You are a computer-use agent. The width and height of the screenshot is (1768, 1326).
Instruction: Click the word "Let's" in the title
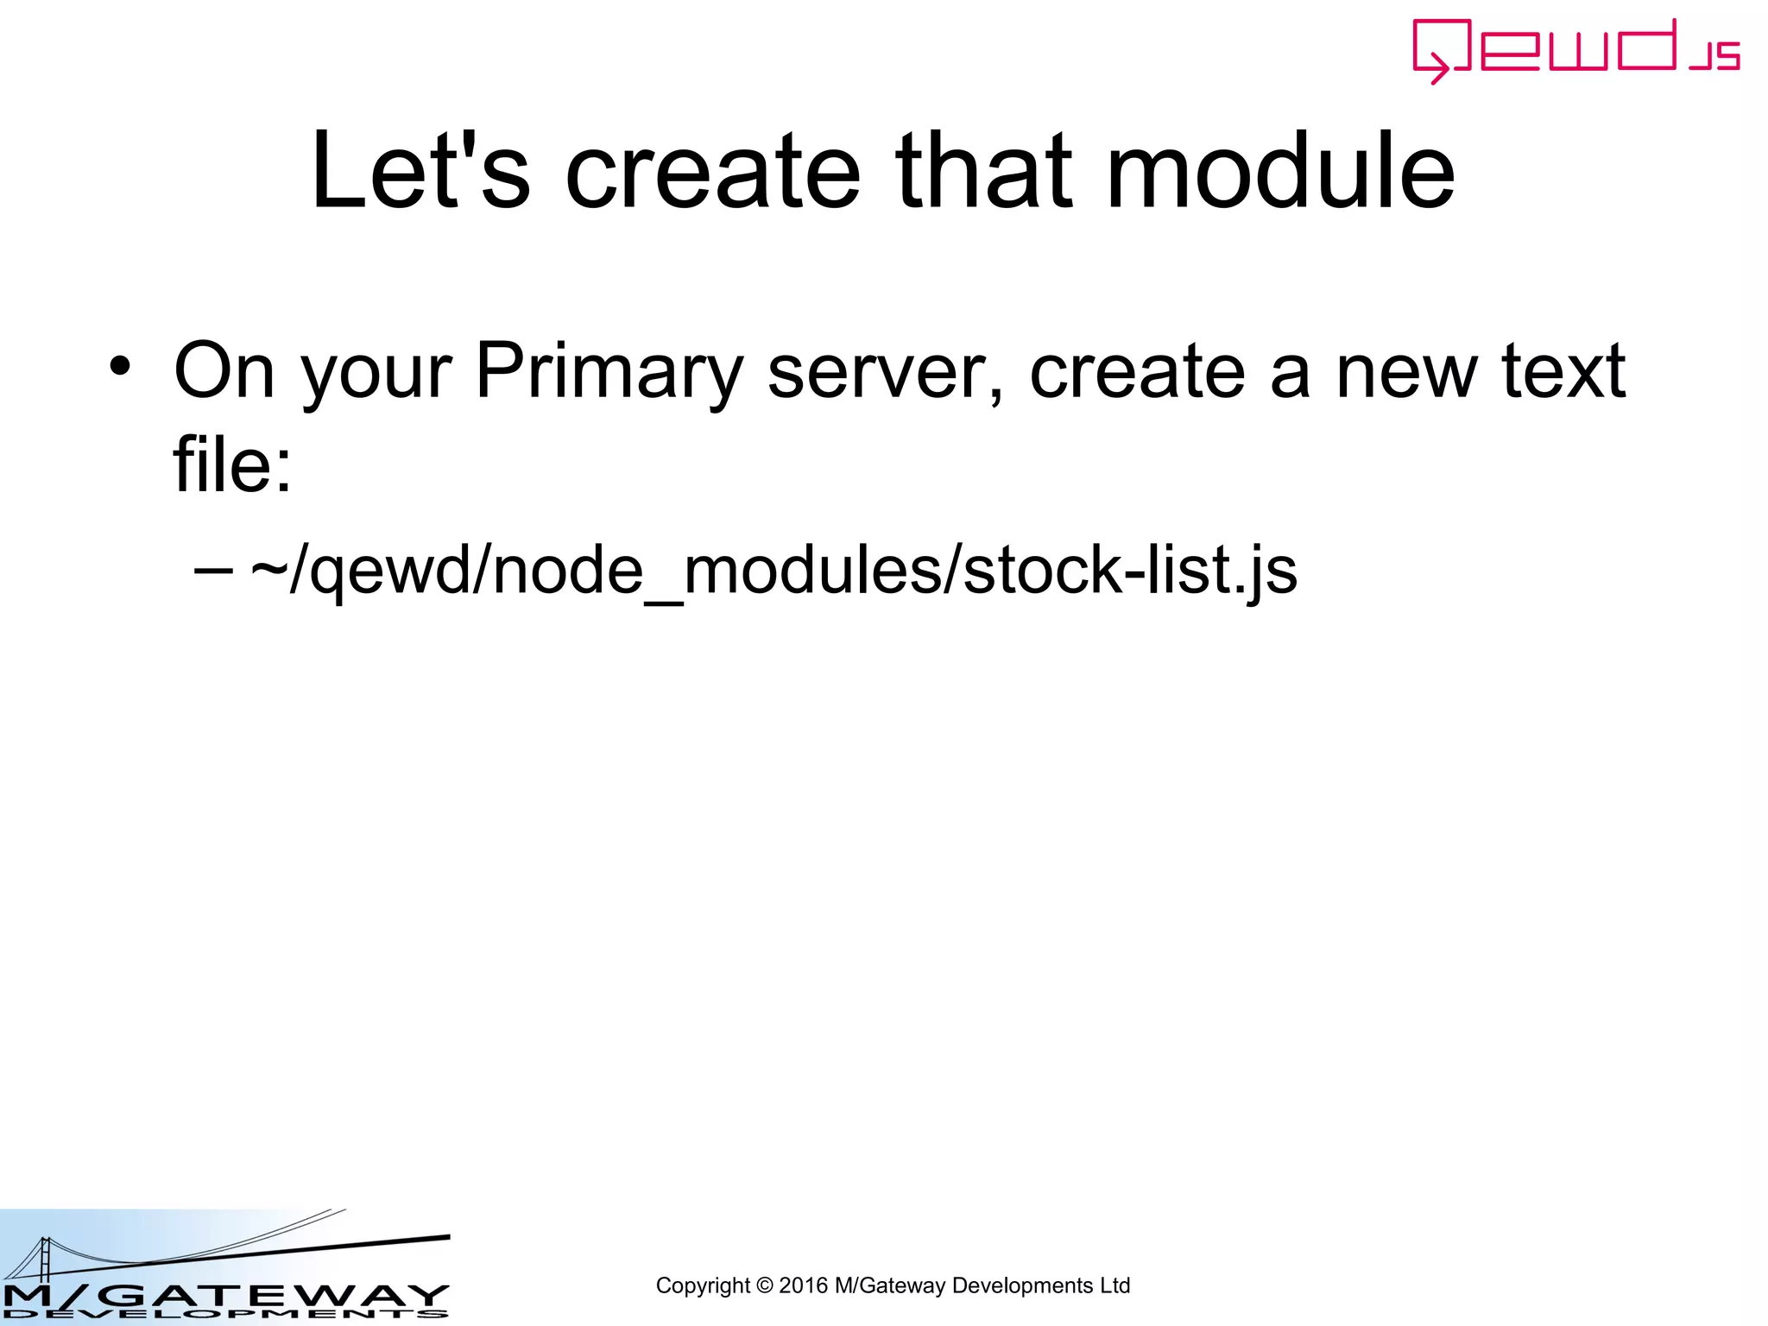coord(420,171)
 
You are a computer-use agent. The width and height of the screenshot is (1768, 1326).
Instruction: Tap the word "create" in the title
coord(712,171)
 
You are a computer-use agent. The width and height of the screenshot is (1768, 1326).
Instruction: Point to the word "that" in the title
coord(983,171)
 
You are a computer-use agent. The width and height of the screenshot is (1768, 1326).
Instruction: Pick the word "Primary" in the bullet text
coord(609,371)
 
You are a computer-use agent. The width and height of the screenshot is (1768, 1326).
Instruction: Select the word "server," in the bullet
coord(886,371)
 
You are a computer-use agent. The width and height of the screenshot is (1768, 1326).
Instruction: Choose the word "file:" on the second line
coord(232,464)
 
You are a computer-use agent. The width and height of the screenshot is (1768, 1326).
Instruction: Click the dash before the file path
coord(213,570)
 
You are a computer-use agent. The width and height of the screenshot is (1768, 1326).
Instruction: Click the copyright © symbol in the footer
coord(764,1286)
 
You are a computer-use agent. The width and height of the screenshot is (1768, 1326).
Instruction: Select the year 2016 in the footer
coord(803,1286)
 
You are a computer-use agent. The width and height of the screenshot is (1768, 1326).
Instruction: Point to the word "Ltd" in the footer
coord(1114,1286)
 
